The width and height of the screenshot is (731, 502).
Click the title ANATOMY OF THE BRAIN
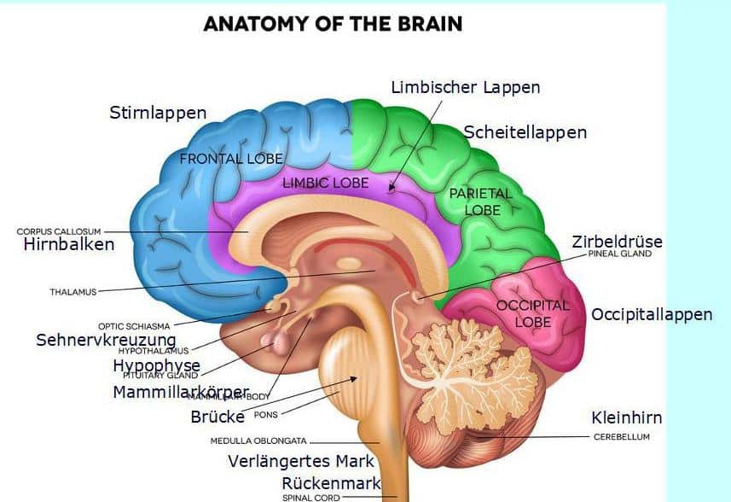click(x=333, y=23)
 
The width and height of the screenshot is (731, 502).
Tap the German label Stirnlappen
click(x=158, y=113)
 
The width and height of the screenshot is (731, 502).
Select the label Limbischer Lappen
click(x=465, y=87)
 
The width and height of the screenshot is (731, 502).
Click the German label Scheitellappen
click(x=525, y=132)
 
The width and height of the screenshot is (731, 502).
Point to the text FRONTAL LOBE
click(x=230, y=159)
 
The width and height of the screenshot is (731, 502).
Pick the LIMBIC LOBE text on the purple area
click(x=325, y=183)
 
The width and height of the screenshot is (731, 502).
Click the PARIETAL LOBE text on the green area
click(x=481, y=201)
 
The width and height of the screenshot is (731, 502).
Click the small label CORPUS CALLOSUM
click(x=59, y=231)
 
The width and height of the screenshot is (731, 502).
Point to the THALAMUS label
click(x=73, y=291)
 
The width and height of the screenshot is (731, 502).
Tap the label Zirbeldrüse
click(x=617, y=242)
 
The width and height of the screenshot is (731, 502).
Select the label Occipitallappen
click(x=651, y=314)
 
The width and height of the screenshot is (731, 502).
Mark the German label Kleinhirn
click(x=626, y=417)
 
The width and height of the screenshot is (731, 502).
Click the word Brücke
click(x=217, y=417)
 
